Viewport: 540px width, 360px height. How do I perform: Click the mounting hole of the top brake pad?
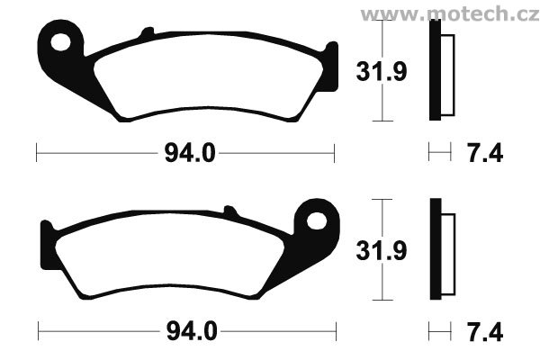coord(60,42)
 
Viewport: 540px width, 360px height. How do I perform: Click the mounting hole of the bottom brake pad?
coord(317,221)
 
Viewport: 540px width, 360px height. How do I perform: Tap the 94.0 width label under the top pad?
coord(190,153)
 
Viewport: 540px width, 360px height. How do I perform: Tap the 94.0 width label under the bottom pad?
coord(192,331)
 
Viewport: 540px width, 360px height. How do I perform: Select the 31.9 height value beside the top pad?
coord(382,71)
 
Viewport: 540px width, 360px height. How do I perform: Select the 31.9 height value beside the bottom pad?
coord(382,250)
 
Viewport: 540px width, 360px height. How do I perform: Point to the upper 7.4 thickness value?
coord(485,153)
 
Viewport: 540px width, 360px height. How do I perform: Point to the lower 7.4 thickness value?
coord(485,331)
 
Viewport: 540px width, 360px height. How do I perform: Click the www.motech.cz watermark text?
coord(450,13)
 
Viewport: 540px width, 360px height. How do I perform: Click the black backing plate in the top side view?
coord(436,70)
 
